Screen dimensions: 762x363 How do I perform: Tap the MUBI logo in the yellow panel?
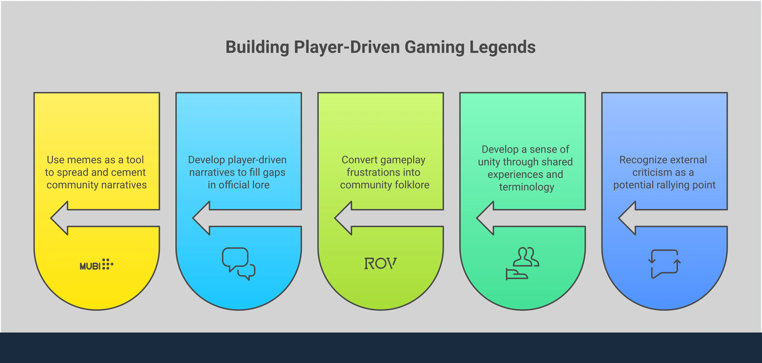click(96, 264)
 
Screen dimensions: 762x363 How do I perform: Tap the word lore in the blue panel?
click(259, 185)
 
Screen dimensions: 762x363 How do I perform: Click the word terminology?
click(527, 187)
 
